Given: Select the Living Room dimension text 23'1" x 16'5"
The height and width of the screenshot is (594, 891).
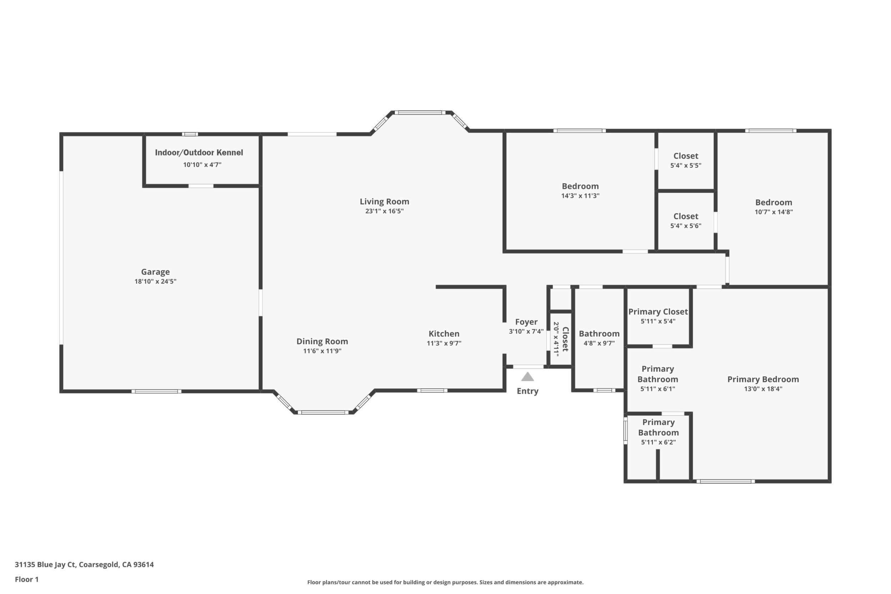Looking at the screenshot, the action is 384,211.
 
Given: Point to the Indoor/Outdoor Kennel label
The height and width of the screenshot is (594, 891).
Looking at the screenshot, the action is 199,152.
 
